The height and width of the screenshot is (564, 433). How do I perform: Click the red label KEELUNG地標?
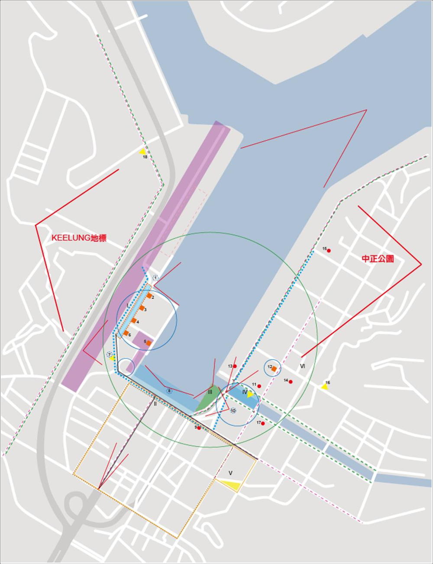tap(79, 238)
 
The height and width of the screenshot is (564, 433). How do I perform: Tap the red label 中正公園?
tap(378, 259)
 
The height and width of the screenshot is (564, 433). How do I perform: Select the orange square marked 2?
tap(149, 296)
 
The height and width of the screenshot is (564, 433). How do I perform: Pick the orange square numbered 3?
tap(142, 308)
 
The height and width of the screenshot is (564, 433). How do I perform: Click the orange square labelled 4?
tap(134, 321)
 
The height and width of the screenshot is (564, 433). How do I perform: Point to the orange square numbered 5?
tap(149, 343)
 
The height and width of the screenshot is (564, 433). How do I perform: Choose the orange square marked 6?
tap(126, 333)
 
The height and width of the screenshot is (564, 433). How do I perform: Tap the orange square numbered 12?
tap(274, 369)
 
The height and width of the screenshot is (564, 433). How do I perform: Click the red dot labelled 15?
tap(329, 251)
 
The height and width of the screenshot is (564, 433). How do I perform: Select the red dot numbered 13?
tap(235, 366)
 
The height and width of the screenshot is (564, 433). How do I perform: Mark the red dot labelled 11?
tap(259, 386)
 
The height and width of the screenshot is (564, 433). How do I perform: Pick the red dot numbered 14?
tap(291, 382)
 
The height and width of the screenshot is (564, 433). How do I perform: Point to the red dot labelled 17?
tap(263, 423)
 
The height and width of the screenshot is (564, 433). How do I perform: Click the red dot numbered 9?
tap(199, 428)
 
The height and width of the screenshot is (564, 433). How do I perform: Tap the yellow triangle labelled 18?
tap(142, 152)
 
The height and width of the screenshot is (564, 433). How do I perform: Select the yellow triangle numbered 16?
tap(324, 386)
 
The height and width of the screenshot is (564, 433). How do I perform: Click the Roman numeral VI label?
tap(302, 366)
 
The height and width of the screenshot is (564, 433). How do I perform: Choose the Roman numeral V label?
tap(230, 473)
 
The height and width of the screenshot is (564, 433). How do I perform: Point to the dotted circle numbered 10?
tap(233, 411)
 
